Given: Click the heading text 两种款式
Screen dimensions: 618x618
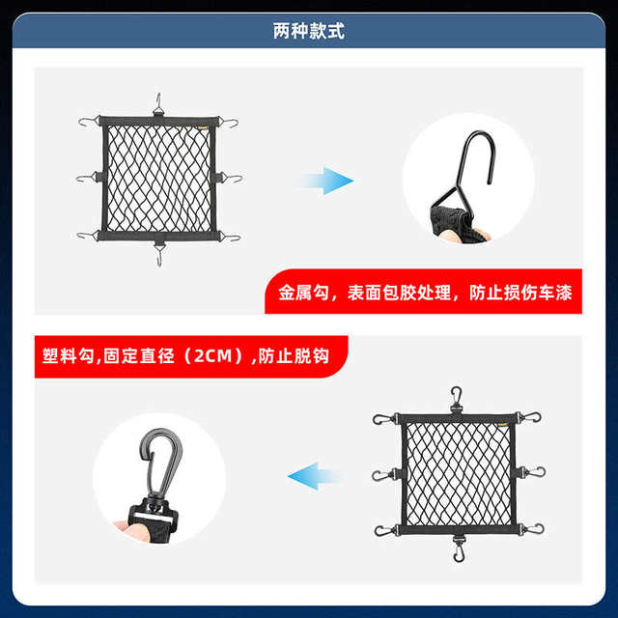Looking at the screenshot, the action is (x=309, y=31).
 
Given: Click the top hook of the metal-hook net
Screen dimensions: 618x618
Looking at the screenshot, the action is (x=158, y=104).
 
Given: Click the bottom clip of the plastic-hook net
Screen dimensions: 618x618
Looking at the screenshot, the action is (x=458, y=548).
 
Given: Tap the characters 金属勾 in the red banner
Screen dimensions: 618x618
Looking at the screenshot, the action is (x=303, y=293).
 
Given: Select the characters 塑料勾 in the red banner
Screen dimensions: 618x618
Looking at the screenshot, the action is (x=68, y=356).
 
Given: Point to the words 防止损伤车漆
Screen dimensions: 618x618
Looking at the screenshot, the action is (x=520, y=293).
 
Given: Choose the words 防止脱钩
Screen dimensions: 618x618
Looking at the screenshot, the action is (x=294, y=356).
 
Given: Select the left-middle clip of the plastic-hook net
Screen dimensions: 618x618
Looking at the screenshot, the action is (x=383, y=475).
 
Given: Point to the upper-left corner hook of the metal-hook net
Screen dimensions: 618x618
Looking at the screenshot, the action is (x=89, y=122).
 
